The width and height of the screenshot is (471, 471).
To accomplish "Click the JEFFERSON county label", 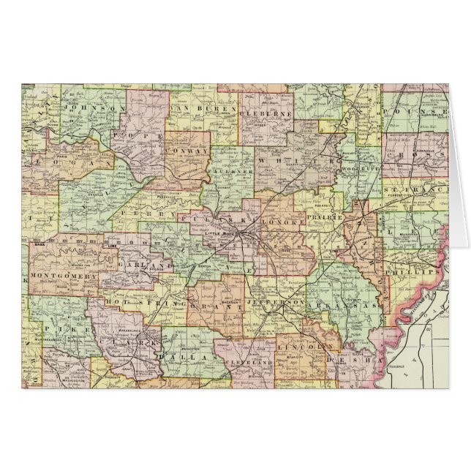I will point(277,301).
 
